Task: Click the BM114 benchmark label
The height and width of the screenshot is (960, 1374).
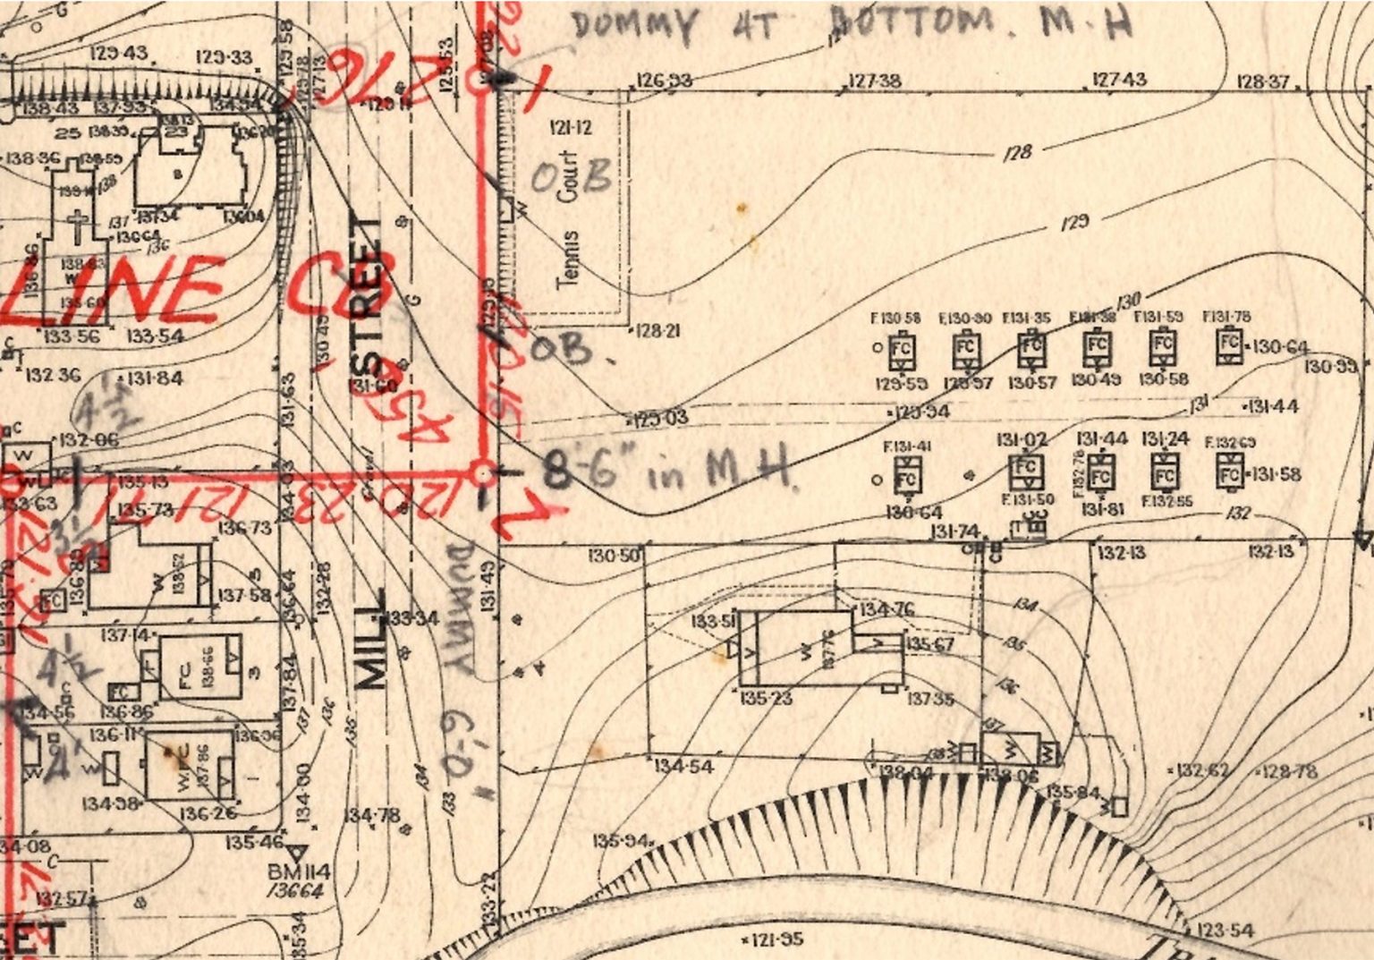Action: click(x=299, y=872)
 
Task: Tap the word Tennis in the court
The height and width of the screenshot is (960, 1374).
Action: click(x=568, y=259)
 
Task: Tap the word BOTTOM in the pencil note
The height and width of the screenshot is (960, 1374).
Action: click(x=912, y=22)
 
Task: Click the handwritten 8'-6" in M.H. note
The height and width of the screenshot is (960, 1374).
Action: click(x=666, y=469)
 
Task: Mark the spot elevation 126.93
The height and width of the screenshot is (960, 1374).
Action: click(x=664, y=81)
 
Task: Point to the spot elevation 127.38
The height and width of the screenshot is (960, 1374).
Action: click(x=874, y=81)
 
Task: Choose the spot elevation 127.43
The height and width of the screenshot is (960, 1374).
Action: click(x=1119, y=80)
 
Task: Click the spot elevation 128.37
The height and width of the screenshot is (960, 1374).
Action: click(x=1263, y=81)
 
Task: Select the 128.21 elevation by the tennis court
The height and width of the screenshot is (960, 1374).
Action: click(x=658, y=331)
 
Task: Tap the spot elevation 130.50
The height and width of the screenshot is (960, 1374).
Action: click(x=615, y=556)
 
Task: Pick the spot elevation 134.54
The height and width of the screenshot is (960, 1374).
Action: click(x=683, y=766)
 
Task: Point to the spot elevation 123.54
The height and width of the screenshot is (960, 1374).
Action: click(x=1226, y=930)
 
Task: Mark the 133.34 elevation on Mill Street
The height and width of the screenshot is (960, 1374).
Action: click(x=412, y=618)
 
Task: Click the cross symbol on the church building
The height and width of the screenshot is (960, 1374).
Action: click(x=78, y=224)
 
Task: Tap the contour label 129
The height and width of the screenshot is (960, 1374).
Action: click(x=1074, y=221)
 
